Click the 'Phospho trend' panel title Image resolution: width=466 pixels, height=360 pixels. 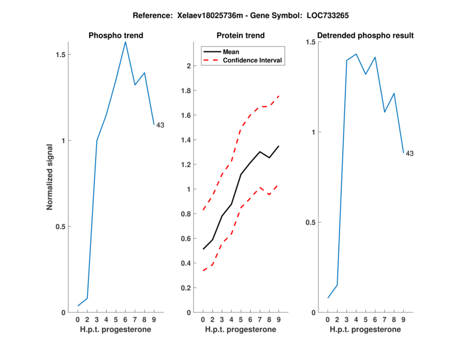(x=115, y=36)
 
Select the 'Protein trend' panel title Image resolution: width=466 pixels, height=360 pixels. (x=240, y=36)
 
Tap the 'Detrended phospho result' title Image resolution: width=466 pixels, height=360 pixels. (x=365, y=36)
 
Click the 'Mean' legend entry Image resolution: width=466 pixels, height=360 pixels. (x=231, y=51)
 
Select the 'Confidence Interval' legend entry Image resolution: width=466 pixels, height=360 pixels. (x=252, y=60)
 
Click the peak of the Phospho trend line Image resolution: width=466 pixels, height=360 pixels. (x=125, y=41)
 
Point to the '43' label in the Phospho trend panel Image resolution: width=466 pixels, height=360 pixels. (x=161, y=125)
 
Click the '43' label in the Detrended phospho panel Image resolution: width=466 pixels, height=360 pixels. (x=409, y=154)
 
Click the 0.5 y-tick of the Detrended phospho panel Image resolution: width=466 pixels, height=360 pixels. (x=311, y=223)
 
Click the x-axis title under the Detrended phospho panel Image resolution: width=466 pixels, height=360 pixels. (x=365, y=330)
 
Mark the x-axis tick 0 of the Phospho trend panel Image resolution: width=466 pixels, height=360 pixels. (x=78, y=320)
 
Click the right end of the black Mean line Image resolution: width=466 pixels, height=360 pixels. (x=279, y=146)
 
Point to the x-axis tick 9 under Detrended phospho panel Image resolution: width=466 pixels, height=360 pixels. (x=403, y=320)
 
